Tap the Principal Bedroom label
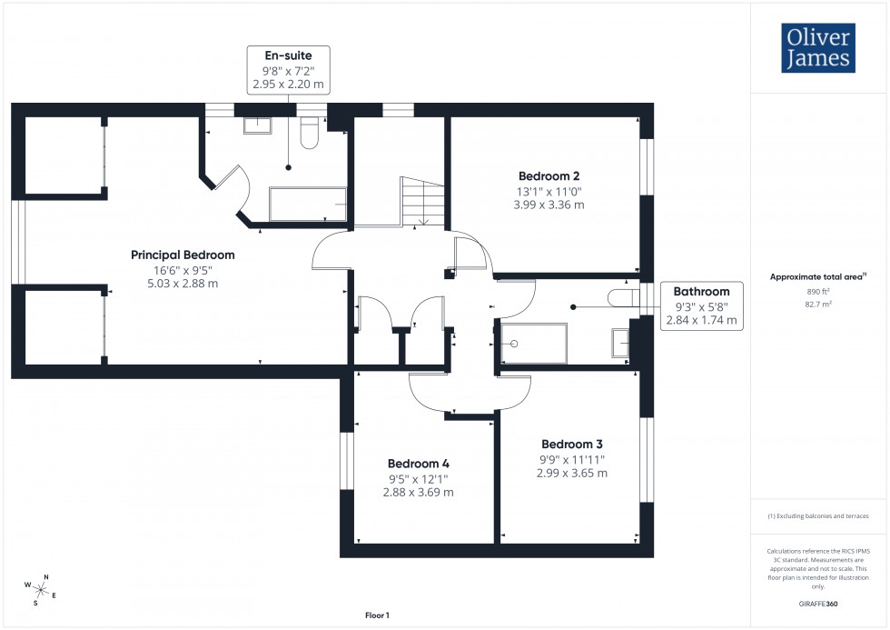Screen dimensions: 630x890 pyautogui.click(x=183, y=255)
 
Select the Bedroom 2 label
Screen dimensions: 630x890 pyautogui.click(x=549, y=176)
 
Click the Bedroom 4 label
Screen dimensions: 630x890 pyautogui.click(x=418, y=463)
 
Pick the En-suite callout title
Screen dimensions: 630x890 pyautogui.click(x=288, y=55)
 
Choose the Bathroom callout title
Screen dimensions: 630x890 pyautogui.click(x=701, y=292)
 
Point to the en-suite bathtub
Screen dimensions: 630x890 pyautogui.click(x=307, y=205)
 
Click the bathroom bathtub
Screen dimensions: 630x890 pyautogui.click(x=535, y=344)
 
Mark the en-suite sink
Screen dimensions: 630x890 pyautogui.click(x=257, y=125)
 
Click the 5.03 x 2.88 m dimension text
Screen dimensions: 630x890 pyautogui.click(x=183, y=284)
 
